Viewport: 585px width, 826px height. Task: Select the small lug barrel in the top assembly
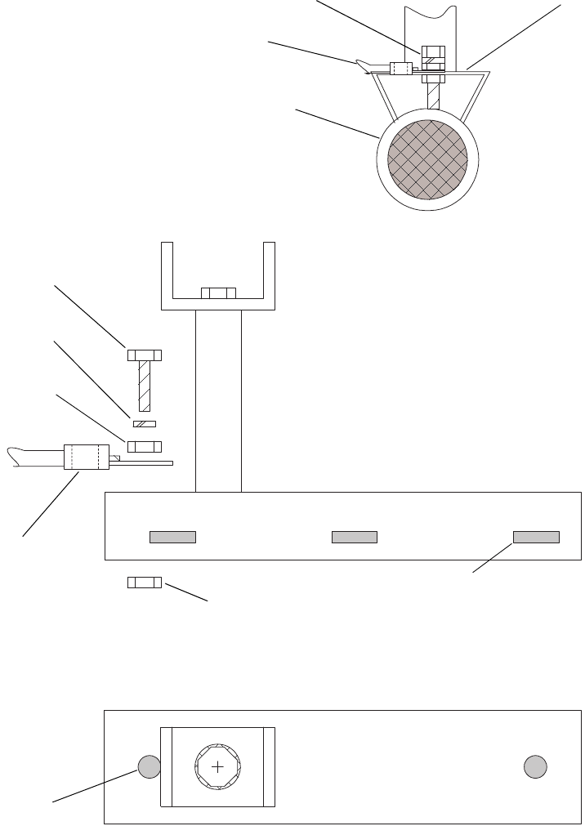pyautogui.click(x=401, y=69)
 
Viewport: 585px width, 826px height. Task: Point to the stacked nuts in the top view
pyautogui.click(x=432, y=59)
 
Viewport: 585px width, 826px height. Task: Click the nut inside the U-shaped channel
pyautogui.click(x=218, y=293)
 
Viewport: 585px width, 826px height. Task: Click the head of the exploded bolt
pyautogui.click(x=145, y=355)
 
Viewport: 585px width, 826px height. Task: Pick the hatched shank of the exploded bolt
pyautogui.click(x=145, y=386)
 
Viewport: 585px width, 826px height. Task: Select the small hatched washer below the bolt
pyautogui.click(x=144, y=424)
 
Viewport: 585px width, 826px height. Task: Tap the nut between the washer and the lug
pyautogui.click(x=145, y=446)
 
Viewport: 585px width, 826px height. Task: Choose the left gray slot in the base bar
pyautogui.click(x=172, y=537)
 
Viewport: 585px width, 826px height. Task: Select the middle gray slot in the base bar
pyautogui.click(x=354, y=537)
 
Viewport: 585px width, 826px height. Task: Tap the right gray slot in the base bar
pyautogui.click(x=536, y=537)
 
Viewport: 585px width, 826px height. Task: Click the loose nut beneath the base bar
pyautogui.click(x=145, y=582)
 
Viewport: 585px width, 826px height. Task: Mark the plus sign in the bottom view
pyautogui.click(x=218, y=767)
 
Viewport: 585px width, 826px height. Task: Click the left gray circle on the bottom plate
pyautogui.click(x=149, y=767)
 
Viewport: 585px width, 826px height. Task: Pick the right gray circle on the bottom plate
pyautogui.click(x=535, y=767)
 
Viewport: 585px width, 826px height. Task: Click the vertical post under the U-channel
pyautogui.click(x=218, y=400)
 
